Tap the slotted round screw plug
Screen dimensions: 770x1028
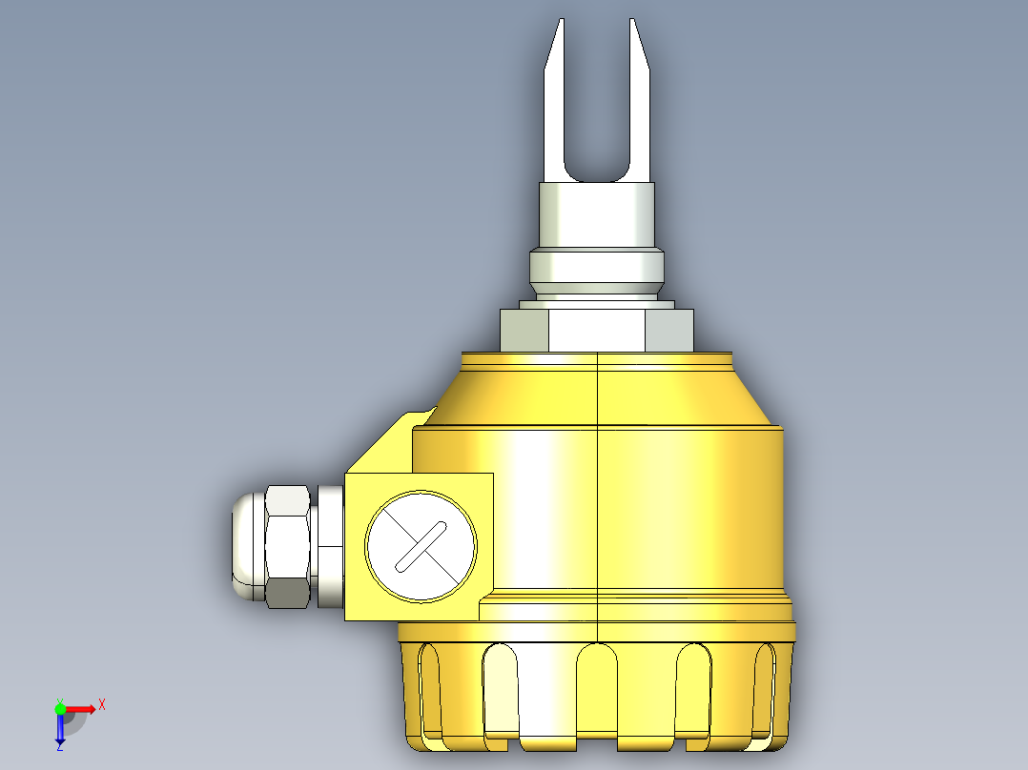(x=421, y=546)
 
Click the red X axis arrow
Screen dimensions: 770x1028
(x=81, y=709)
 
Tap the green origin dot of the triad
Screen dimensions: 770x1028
(x=60, y=709)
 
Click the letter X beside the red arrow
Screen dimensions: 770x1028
(x=101, y=704)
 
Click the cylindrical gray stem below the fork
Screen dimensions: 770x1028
(x=597, y=213)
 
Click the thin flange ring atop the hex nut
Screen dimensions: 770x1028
(x=597, y=304)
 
